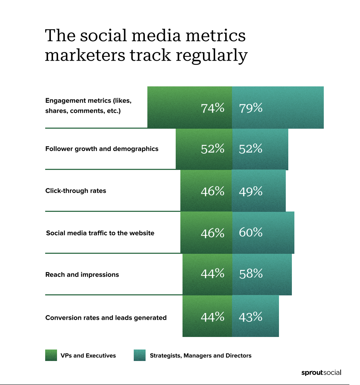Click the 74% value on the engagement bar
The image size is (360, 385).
[x=213, y=108]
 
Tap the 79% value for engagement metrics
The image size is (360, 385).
[x=251, y=108]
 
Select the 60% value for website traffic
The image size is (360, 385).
[x=251, y=233]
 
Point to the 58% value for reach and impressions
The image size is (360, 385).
[x=251, y=274]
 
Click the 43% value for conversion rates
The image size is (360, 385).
[x=251, y=317]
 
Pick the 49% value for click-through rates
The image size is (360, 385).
[x=251, y=191]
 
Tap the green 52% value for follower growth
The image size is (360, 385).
[x=213, y=149]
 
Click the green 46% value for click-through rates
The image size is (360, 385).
[x=213, y=191]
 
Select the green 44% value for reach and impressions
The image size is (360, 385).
[x=213, y=274]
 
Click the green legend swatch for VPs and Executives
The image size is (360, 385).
[x=51, y=355]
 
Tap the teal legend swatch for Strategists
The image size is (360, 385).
[x=139, y=355]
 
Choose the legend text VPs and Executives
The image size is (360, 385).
[x=88, y=356]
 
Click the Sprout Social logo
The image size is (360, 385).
[x=321, y=373]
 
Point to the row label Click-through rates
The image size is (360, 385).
[x=76, y=191]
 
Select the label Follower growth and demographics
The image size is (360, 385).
[x=102, y=149]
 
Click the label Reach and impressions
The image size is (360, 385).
[x=82, y=275]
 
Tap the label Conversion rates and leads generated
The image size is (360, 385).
[x=106, y=318]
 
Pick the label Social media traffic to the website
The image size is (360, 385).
[x=100, y=233]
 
